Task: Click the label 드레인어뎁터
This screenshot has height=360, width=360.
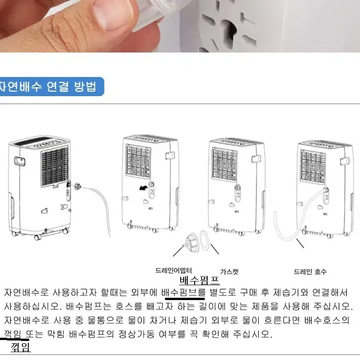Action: point(174,270)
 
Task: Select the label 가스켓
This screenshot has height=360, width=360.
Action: point(229,272)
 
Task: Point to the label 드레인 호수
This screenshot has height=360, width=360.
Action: point(310,272)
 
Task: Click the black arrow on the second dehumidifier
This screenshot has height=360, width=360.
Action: point(144,188)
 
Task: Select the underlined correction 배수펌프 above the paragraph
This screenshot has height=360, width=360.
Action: point(200,280)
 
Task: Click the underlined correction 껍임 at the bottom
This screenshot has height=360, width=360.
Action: point(20,347)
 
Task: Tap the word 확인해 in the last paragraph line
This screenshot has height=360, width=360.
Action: point(216,334)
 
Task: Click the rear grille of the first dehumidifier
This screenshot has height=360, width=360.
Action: point(55,166)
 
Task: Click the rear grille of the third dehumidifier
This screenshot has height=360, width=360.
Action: point(224,164)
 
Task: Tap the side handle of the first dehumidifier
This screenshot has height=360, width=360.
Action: point(20,162)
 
